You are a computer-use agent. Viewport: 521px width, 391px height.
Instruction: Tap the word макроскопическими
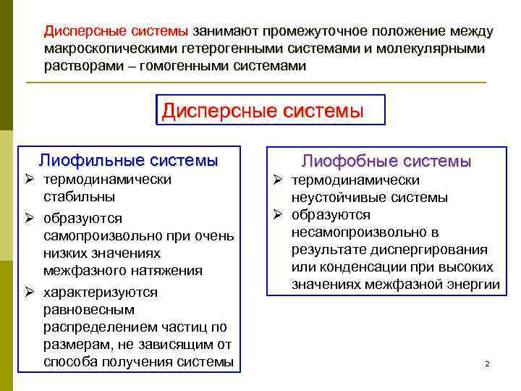[114, 49]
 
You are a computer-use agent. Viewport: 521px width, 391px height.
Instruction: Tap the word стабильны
[79, 196]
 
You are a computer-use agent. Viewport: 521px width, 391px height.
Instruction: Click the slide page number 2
[487, 362]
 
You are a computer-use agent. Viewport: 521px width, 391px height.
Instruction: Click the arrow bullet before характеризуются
[30, 293]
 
